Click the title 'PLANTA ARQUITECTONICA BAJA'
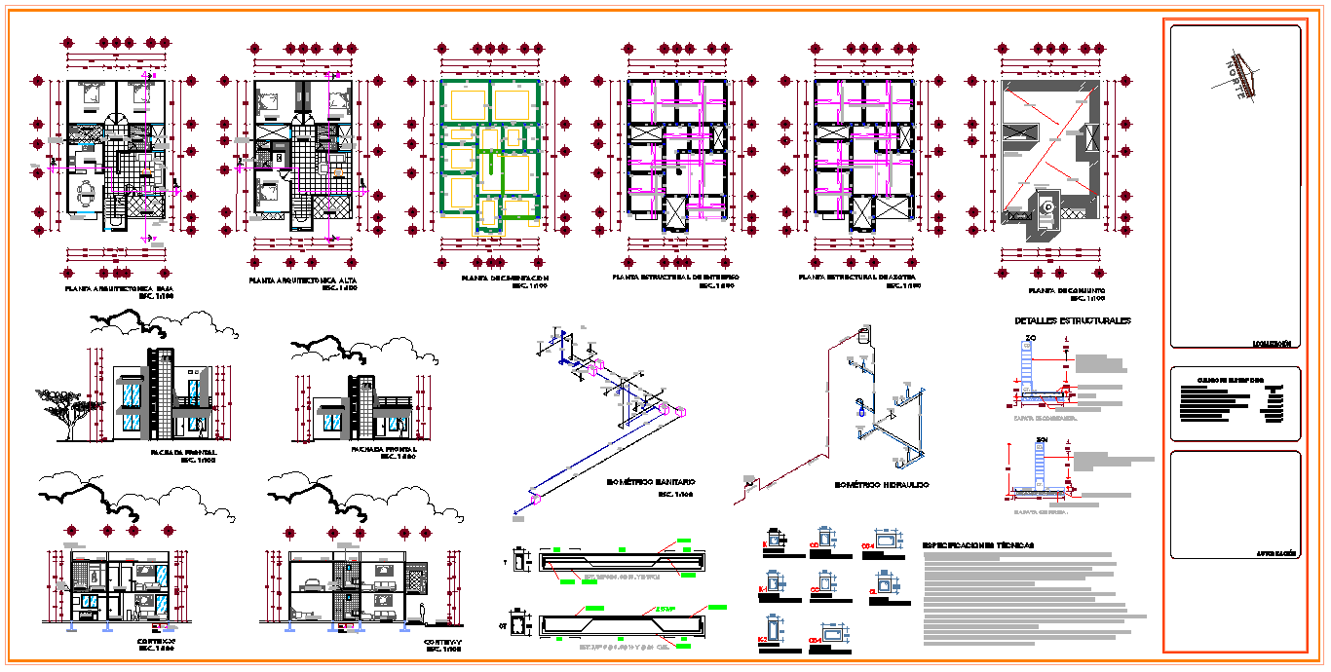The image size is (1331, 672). point(119,289)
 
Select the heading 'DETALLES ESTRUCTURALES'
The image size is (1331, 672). point(1072,321)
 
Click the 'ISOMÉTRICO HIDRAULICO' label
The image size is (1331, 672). point(882,485)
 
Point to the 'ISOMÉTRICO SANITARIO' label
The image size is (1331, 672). point(651,482)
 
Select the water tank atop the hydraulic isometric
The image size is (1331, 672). point(862,335)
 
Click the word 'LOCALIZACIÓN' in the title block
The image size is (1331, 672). point(1272,344)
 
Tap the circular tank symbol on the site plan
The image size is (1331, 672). point(1047,206)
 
